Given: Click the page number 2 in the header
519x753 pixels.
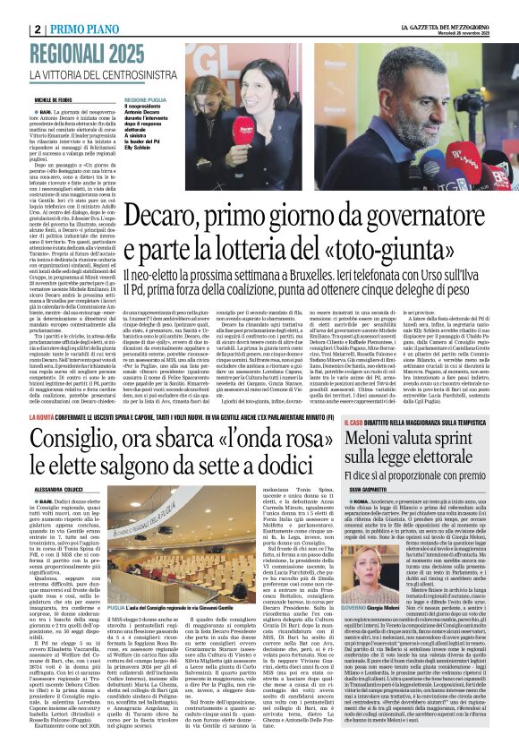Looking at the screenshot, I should pos(37,30).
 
